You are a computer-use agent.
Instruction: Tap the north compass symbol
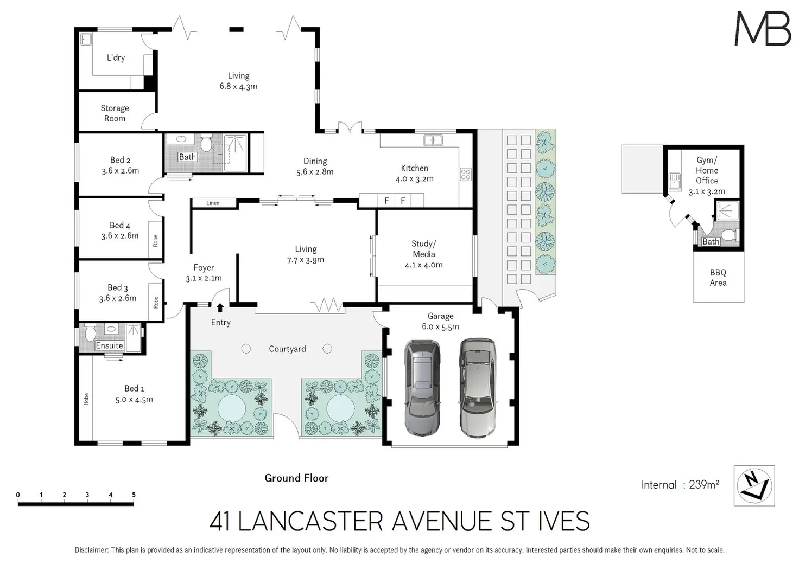pos(754,485)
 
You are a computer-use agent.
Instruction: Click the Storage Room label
pos(115,113)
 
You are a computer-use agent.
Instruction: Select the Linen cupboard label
pos(213,203)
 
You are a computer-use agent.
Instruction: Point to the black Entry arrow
pos(220,307)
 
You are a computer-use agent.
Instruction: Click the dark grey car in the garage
pos(422,387)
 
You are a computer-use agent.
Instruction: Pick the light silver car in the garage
pos(478,388)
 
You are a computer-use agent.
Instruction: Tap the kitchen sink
pos(433,140)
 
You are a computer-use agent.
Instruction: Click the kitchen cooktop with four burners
pos(466,174)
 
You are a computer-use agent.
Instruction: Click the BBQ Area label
pos(718,278)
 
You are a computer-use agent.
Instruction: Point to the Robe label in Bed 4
pos(155,240)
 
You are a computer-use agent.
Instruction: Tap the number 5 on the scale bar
pos(134,495)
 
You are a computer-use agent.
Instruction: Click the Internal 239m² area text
pos(680,484)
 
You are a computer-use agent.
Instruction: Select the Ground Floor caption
pos(296,478)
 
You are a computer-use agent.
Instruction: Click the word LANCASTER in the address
pos(310,521)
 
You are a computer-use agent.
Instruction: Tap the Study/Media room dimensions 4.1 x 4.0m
pos(424,265)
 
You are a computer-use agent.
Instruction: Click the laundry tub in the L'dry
pos(86,39)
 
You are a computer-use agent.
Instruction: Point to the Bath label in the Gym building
pos(711,241)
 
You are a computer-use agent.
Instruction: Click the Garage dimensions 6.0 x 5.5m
pos(441,326)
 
